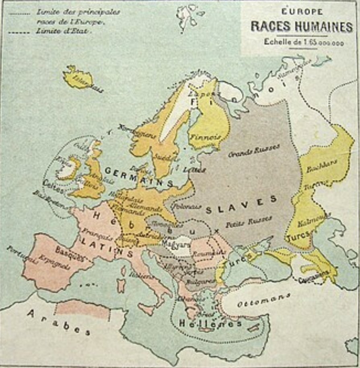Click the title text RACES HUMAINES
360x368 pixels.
[x=301, y=27]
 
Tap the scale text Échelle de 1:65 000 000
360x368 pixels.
[x=304, y=42]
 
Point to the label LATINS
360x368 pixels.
[x=107, y=246]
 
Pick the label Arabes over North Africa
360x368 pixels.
[x=59, y=322]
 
